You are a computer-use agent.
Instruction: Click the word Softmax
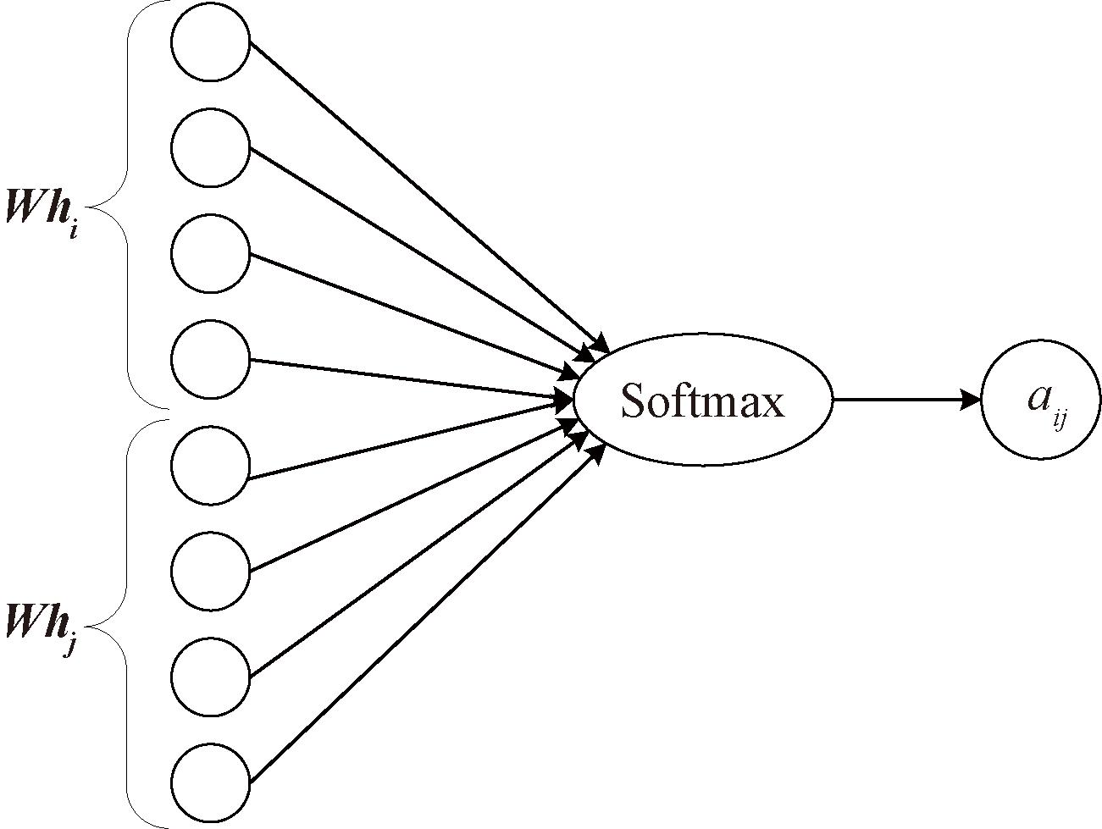point(702,400)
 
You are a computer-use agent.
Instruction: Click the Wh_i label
point(42,210)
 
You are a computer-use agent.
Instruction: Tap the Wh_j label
point(42,630)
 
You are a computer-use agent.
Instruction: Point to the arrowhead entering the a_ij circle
point(970,400)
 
